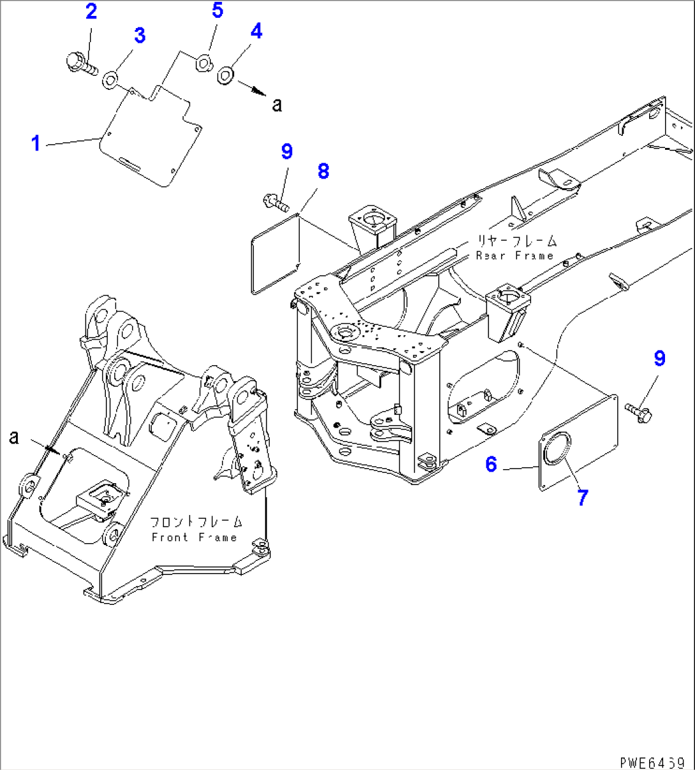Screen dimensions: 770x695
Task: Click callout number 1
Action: pos(36,143)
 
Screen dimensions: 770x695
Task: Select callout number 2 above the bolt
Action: pos(91,11)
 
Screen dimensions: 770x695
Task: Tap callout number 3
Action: pos(139,36)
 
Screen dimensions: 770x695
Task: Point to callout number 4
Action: pos(256,31)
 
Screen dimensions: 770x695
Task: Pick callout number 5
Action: pos(217,10)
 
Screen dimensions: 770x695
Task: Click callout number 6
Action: pos(490,464)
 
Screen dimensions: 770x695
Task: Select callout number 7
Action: pos(582,497)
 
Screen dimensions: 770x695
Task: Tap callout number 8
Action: pos(323,171)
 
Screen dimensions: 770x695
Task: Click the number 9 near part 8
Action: pos(286,152)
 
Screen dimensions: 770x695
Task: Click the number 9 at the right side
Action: pos(659,359)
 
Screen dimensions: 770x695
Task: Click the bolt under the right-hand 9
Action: pos(637,410)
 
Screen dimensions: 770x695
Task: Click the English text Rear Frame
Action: pos(515,256)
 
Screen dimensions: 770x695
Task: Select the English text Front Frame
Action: pos(194,537)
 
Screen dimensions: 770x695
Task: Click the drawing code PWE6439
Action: pos(652,762)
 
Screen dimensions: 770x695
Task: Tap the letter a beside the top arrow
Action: pos(277,105)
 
